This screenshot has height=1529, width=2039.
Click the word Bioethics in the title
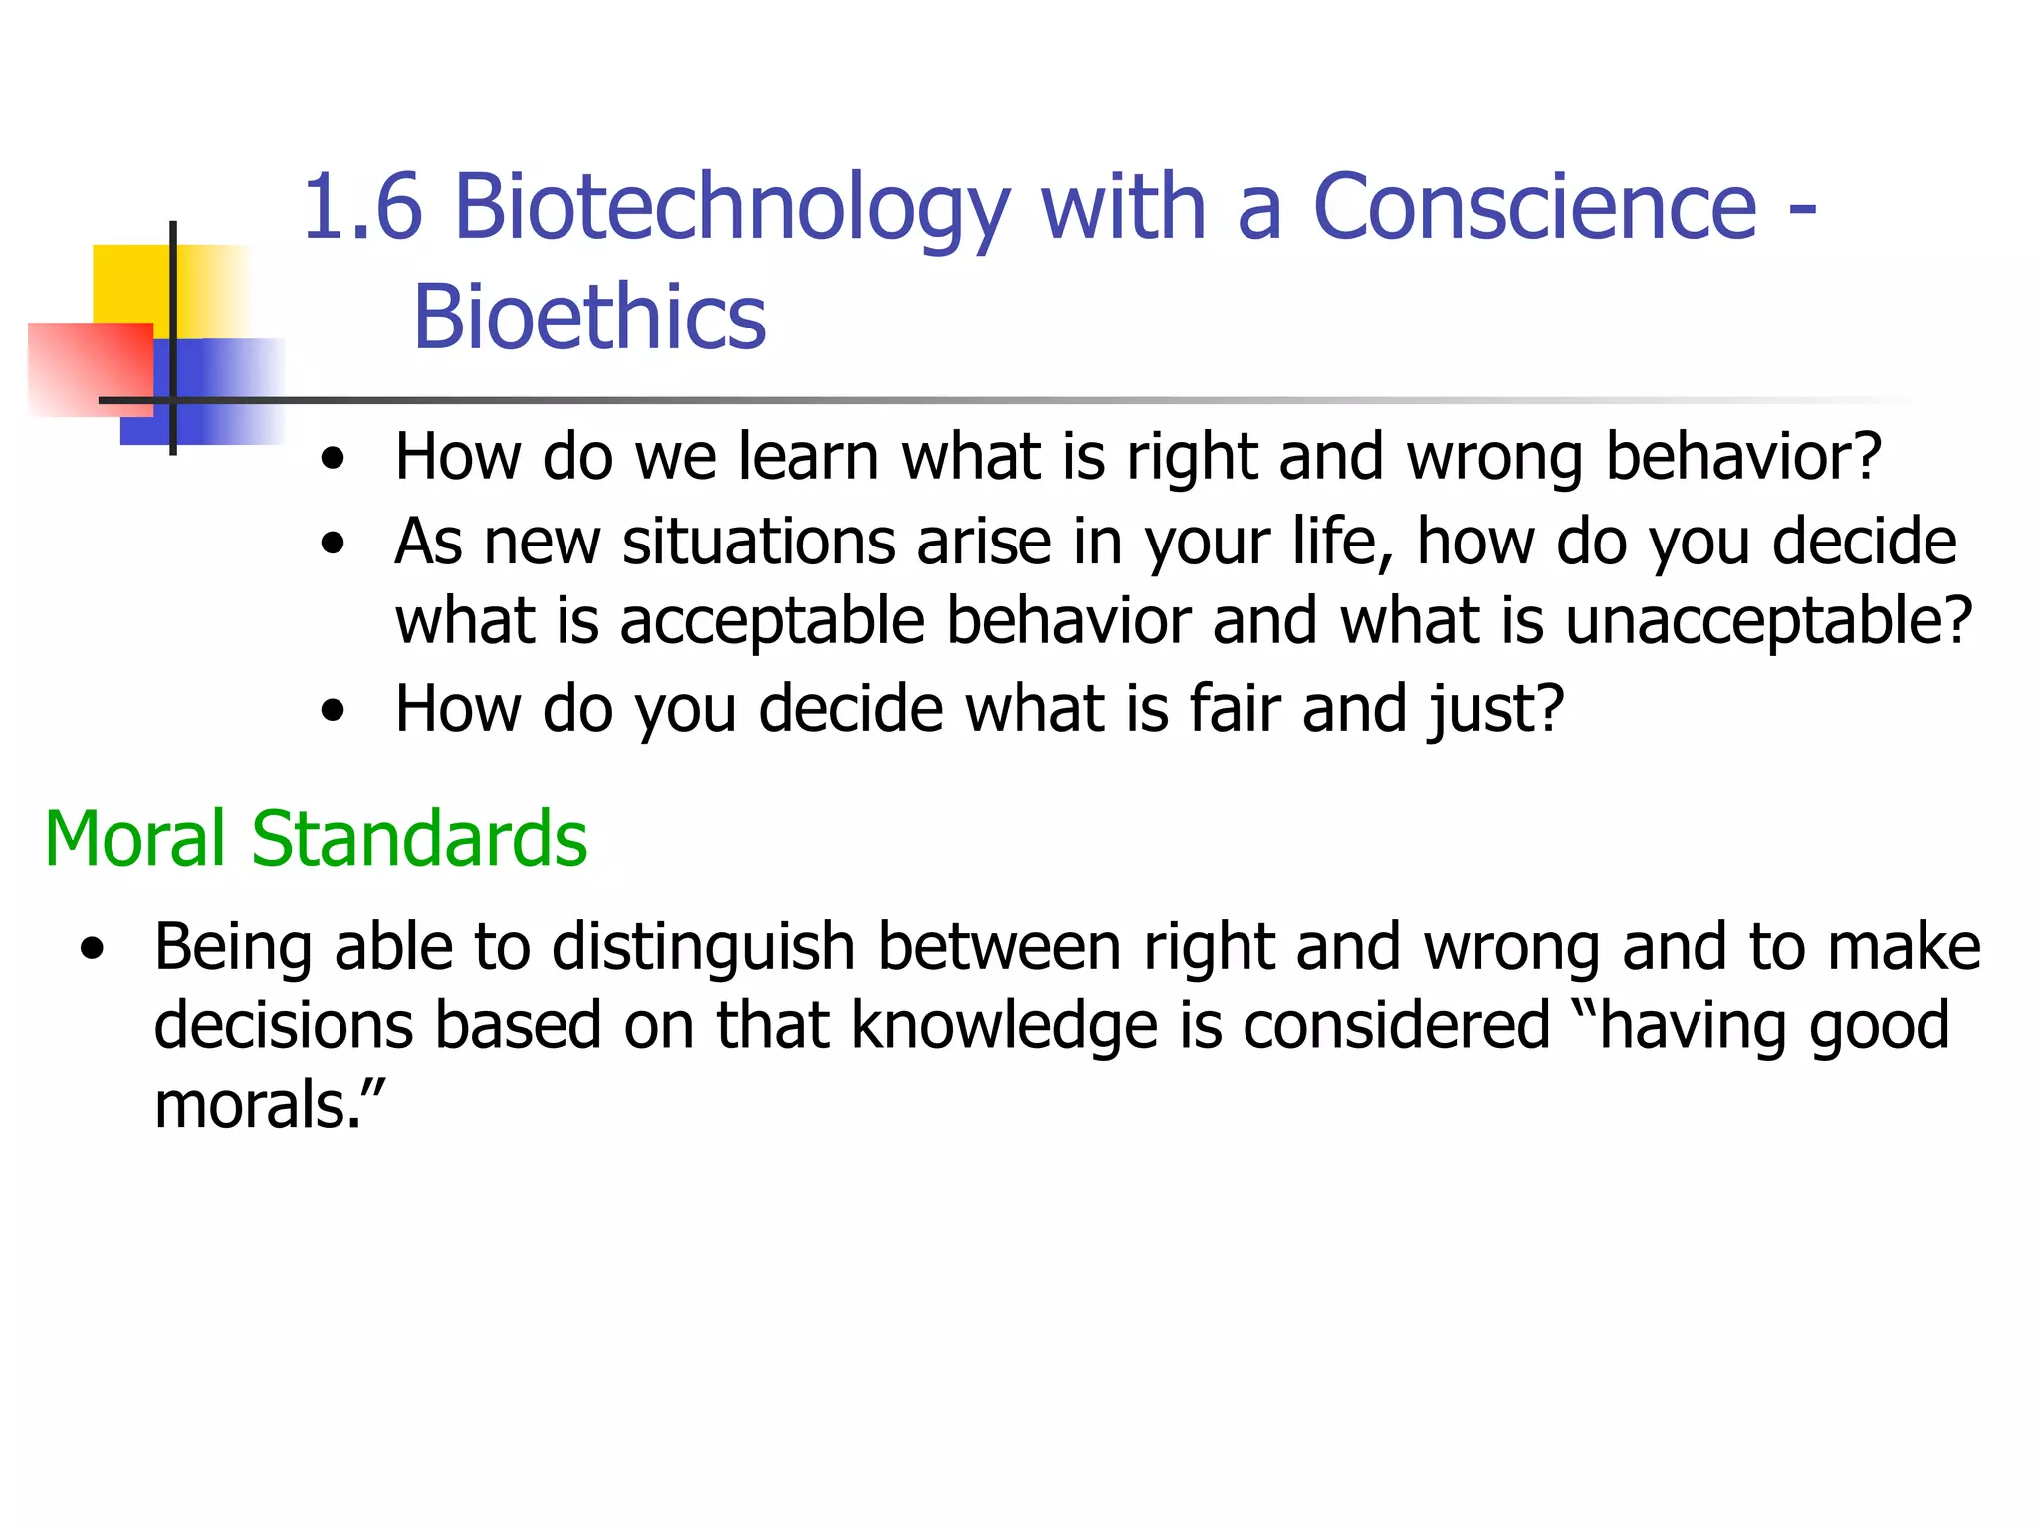click(x=589, y=319)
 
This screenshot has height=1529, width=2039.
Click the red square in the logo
click(x=90, y=369)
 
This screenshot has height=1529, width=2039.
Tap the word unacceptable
click(x=1767, y=622)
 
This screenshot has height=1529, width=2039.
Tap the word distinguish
click(x=703, y=947)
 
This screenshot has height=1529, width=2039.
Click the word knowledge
click(x=1005, y=1026)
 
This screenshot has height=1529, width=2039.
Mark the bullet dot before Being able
click(x=93, y=948)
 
